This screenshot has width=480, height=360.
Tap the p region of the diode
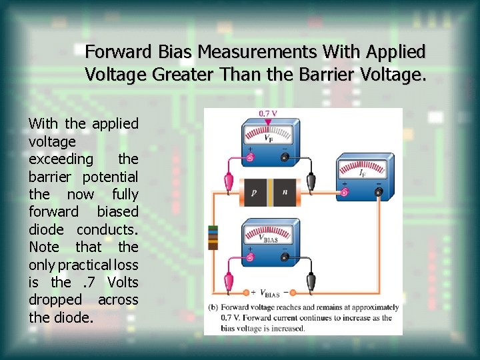tap(253, 191)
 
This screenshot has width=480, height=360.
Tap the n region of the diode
tap(285, 191)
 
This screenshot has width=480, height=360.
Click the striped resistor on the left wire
tap(213, 237)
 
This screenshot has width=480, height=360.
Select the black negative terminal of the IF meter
tap(378, 192)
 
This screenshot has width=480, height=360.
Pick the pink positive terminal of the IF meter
tap(345, 192)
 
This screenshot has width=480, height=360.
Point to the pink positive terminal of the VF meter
tap(251, 158)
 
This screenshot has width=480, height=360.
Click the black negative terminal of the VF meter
tap(284, 158)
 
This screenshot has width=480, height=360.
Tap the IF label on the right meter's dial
tap(362, 173)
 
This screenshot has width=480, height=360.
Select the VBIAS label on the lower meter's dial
tap(269, 237)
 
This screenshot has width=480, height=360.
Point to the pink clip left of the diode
tap(229, 181)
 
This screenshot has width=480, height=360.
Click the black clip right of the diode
tap(311, 181)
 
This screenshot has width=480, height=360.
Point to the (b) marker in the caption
tap(213, 307)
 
